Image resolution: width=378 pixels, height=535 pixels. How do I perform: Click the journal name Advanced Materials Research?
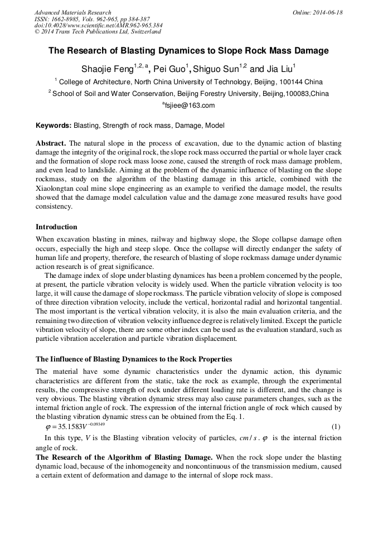coord(72,12)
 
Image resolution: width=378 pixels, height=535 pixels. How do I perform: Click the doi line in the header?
coord(98,26)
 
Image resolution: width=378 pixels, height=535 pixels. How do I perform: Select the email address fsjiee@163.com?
coord(189,105)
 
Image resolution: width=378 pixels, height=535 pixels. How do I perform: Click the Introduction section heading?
coord(56,227)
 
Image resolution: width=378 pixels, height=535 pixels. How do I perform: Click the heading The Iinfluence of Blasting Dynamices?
coord(134,359)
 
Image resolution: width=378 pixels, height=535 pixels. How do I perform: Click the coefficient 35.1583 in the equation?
coord(67,428)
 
